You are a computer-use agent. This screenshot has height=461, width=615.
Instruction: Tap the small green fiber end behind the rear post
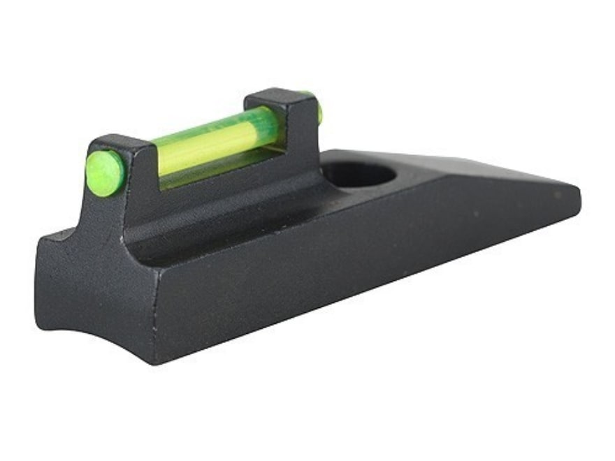[319, 112]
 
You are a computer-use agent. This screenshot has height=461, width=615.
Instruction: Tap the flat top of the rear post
[273, 96]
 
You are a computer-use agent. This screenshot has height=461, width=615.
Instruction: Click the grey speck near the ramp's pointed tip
[558, 195]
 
